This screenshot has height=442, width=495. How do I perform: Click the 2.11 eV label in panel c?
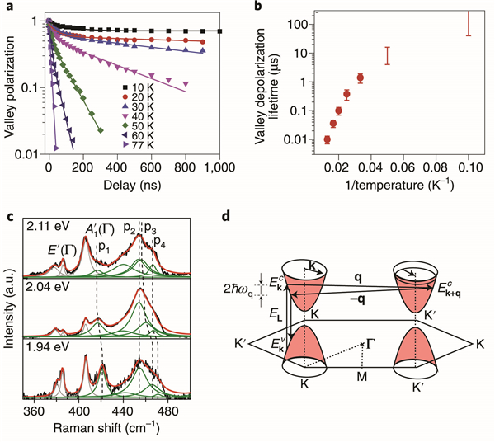pos(45,224)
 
